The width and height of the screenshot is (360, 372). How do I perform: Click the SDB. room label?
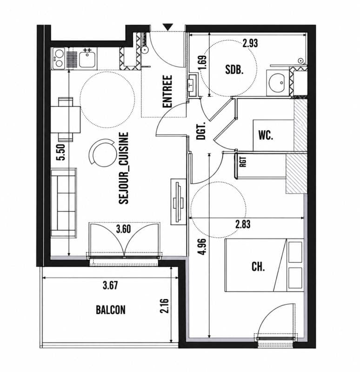click(234, 70)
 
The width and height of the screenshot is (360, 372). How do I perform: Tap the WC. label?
click(266, 135)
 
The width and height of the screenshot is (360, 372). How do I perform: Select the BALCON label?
click(111, 310)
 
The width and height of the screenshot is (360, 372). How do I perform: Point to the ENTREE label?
click(167, 92)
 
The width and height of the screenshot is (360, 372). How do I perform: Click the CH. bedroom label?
click(258, 267)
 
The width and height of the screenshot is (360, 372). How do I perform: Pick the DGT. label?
click(201, 131)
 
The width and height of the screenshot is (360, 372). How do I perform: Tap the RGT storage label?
click(243, 162)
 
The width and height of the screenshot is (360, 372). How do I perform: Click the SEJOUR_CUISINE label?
click(124, 168)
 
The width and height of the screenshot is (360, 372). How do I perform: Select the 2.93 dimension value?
click(250, 43)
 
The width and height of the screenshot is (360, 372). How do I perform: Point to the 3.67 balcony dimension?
click(110, 285)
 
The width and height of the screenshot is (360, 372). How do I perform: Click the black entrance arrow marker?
click(168, 27)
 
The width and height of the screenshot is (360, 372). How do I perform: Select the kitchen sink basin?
click(87, 60)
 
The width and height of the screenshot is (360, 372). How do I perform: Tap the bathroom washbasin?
click(276, 83)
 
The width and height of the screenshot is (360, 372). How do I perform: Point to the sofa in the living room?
click(64, 203)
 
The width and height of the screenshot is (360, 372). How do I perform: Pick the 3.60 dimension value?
click(123, 229)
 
